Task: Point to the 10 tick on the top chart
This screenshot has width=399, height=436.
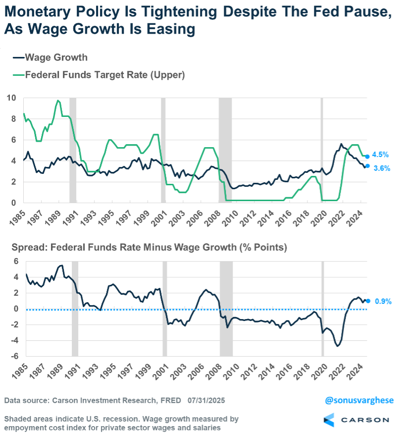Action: click(x=10, y=98)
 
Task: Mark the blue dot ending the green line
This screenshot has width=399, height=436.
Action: click(x=367, y=157)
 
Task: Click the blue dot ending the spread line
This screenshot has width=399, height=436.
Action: click(x=368, y=301)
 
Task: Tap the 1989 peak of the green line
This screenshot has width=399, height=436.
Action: click(x=58, y=101)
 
